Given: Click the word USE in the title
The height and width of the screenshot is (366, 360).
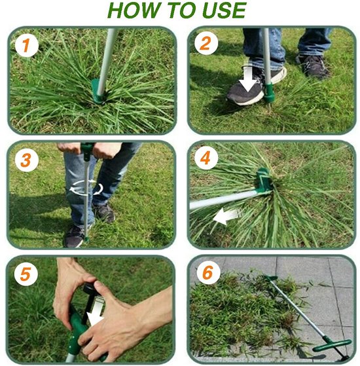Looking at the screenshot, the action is click(225, 10).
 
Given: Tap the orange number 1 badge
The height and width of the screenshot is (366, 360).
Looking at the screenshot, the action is click(26, 45).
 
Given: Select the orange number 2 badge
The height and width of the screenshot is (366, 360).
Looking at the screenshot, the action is click(206, 43).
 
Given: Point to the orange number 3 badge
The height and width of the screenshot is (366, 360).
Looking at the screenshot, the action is click(26, 160).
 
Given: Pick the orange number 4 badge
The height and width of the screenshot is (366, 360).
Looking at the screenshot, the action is click(206, 158).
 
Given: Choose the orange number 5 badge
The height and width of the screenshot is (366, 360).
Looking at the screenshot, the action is click(26, 274).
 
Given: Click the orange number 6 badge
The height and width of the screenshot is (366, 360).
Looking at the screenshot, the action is click(208, 272).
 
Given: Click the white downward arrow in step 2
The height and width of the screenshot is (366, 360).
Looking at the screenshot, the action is click(249, 77).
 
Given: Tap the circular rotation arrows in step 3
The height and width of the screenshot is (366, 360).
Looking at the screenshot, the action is click(86, 188).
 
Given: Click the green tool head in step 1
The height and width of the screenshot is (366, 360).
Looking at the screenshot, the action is click(98, 91).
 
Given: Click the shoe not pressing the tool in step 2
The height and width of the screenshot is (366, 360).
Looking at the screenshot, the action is click(313, 66).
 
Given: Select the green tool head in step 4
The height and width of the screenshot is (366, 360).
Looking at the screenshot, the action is click(264, 179).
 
